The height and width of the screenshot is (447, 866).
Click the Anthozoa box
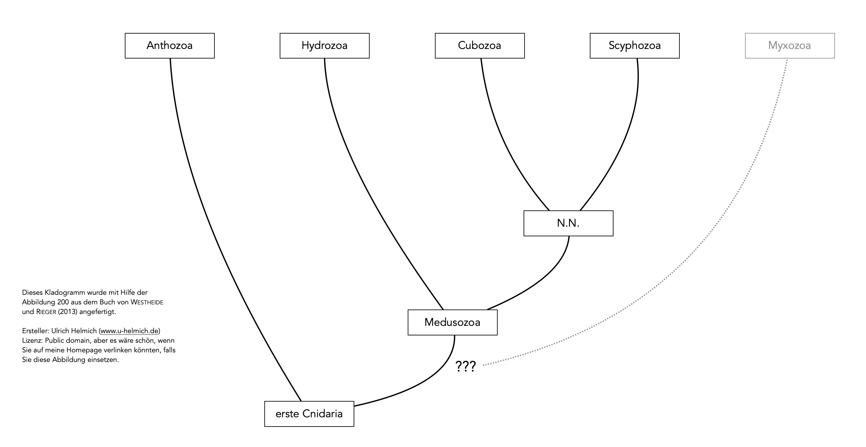[x=169, y=46]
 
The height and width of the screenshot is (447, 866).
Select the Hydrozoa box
[x=325, y=46]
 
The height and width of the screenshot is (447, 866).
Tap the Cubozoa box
[x=479, y=46]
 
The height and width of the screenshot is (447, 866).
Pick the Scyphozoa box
[x=634, y=46]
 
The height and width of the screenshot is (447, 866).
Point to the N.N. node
[x=568, y=223]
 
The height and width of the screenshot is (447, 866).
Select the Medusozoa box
[x=452, y=322]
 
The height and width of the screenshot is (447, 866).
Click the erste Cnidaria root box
[x=309, y=414]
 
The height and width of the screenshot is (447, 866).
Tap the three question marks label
[x=466, y=366]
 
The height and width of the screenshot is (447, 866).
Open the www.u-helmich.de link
[x=129, y=331]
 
